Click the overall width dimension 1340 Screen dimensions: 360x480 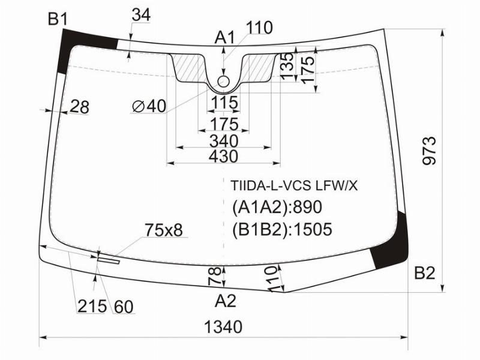point(223,327)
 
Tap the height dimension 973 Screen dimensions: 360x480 point(428,151)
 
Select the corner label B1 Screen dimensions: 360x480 point(58,20)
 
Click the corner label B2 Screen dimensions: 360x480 point(424,274)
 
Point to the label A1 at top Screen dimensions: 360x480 point(225,38)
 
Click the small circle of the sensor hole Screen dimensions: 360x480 point(224,81)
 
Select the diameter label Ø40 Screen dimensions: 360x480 point(148,106)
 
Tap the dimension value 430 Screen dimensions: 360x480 point(224,157)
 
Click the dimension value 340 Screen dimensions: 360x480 point(224,142)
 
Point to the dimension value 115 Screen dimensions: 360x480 point(224,103)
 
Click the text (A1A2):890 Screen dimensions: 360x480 point(277,208)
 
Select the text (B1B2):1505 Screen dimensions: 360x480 point(282,229)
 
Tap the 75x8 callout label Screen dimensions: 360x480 point(163,229)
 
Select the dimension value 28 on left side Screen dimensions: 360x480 point(79,107)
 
